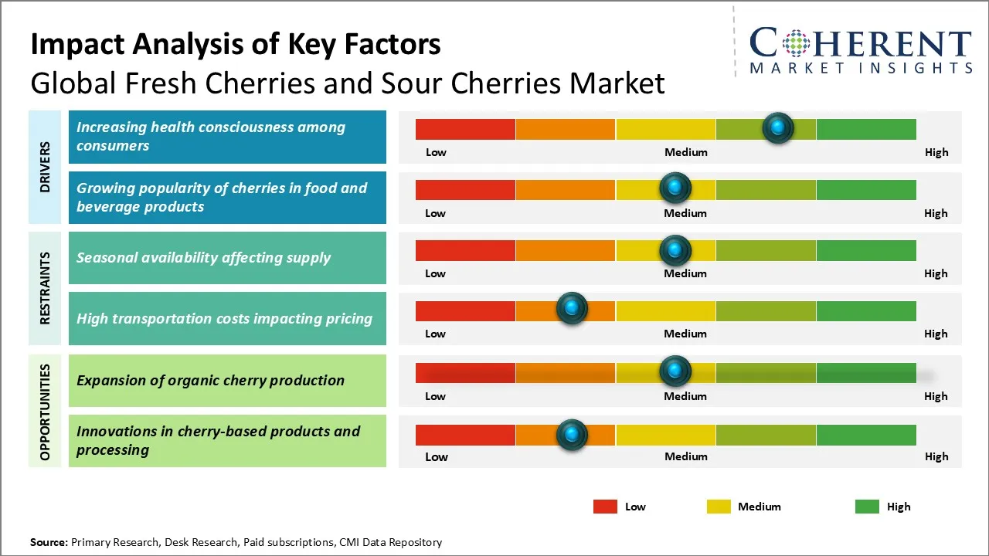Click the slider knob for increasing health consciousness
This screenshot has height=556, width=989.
tap(777, 127)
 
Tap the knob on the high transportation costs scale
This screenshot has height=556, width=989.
tap(572, 309)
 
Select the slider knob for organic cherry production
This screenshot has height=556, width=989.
tap(675, 371)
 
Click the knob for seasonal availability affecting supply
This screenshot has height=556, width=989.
tap(675, 249)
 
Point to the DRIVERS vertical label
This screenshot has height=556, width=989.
tap(46, 167)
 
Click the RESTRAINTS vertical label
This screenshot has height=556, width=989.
tap(46, 288)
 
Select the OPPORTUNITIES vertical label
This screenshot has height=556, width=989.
tap(46, 410)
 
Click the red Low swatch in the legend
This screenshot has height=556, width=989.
tap(605, 507)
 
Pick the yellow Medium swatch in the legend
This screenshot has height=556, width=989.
tap(719, 507)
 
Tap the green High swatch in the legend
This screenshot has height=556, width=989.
tap(867, 507)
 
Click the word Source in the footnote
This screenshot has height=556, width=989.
tap(49, 542)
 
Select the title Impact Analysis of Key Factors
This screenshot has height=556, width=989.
tap(236, 44)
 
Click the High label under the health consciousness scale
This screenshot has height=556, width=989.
tap(936, 152)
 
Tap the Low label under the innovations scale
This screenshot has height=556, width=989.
tap(436, 456)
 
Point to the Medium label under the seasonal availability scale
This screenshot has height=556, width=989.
tap(685, 273)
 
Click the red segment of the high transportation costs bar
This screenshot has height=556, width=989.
tap(465, 310)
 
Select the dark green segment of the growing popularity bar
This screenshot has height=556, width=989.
tap(865, 189)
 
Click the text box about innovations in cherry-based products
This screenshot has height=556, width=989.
tap(227, 441)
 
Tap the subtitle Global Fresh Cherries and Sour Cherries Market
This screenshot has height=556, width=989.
tap(348, 83)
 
